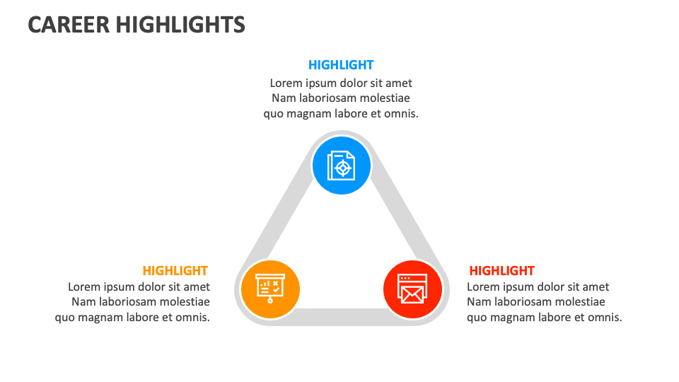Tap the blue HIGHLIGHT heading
341,65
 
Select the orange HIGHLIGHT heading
175,271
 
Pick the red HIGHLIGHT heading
501,271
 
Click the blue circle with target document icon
342,166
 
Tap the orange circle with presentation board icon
270,289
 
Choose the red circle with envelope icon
412,289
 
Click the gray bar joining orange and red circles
342,317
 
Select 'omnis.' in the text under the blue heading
401,114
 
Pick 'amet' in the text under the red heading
595,287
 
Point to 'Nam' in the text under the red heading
478,302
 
